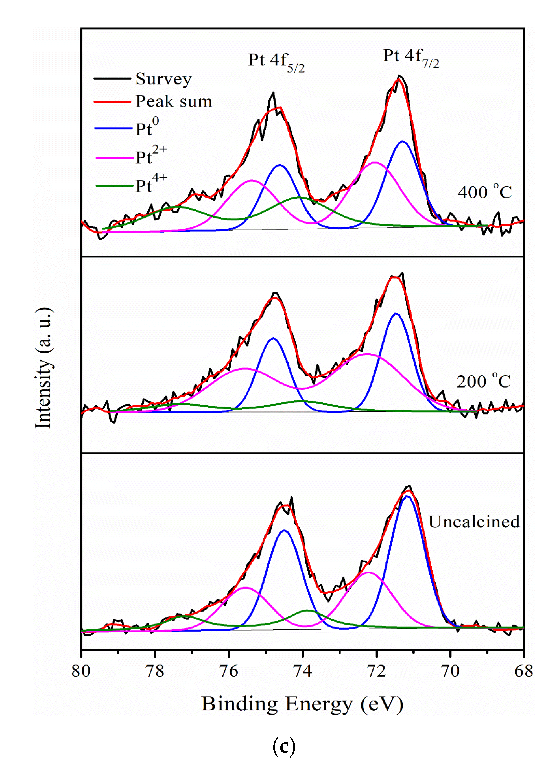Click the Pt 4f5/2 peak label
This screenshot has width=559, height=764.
(276, 62)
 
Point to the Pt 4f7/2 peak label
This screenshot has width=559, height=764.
(411, 58)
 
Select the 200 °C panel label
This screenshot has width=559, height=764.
(484, 381)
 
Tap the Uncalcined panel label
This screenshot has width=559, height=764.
(474, 522)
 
